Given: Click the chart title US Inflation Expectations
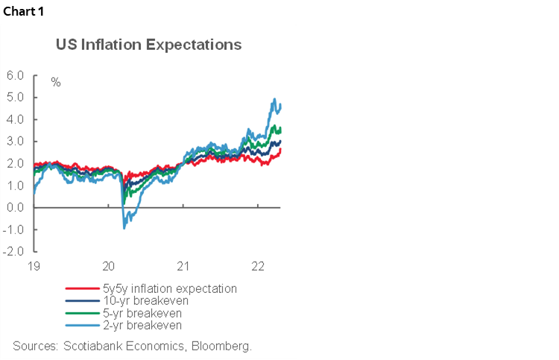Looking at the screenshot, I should coord(149,45).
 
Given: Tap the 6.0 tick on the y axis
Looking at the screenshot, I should coord(15,75).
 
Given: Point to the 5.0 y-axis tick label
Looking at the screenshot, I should coord(15,97).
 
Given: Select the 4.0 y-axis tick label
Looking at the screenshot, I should coord(15,119).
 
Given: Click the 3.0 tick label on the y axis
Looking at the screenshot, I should coord(15,141).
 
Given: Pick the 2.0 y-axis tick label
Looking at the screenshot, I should coord(15,163).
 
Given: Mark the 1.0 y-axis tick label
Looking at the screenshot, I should coord(15,185).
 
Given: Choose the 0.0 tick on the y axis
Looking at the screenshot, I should coord(15,207).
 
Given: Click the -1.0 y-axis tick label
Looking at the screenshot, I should coord(13,229).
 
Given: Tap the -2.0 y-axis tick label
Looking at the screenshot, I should coord(13,251).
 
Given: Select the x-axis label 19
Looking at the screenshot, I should coord(34,266).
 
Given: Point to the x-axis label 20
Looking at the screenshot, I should coord(108,266).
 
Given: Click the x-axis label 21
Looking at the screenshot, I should coord(183,266).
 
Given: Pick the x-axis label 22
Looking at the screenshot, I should coord(258,266).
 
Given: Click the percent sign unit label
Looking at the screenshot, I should coord(56,82).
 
